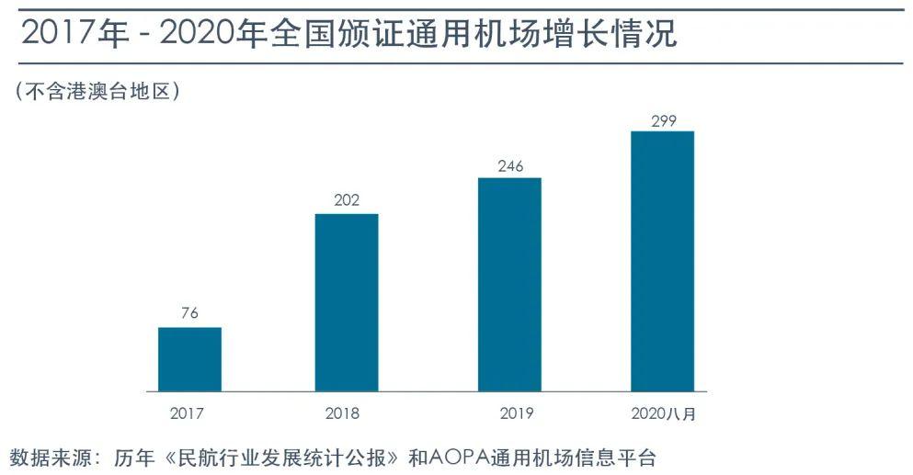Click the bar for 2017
(x=189, y=359)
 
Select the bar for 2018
(x=347, y=302)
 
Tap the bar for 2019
(x=509, y=284)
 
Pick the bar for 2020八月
(x=662, y=261)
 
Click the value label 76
(x=189, y=313)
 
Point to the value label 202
(x=347, y=199)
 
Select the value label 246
(x=509, y=166)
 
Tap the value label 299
(x=662, y=119)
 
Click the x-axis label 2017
(x=187, y=413)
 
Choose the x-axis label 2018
(x=342, y=413)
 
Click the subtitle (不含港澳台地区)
(x=96, y=92)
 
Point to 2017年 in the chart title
(x=69, y=34)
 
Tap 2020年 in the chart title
(x=217, y=34)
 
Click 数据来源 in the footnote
(x=46, y=457)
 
